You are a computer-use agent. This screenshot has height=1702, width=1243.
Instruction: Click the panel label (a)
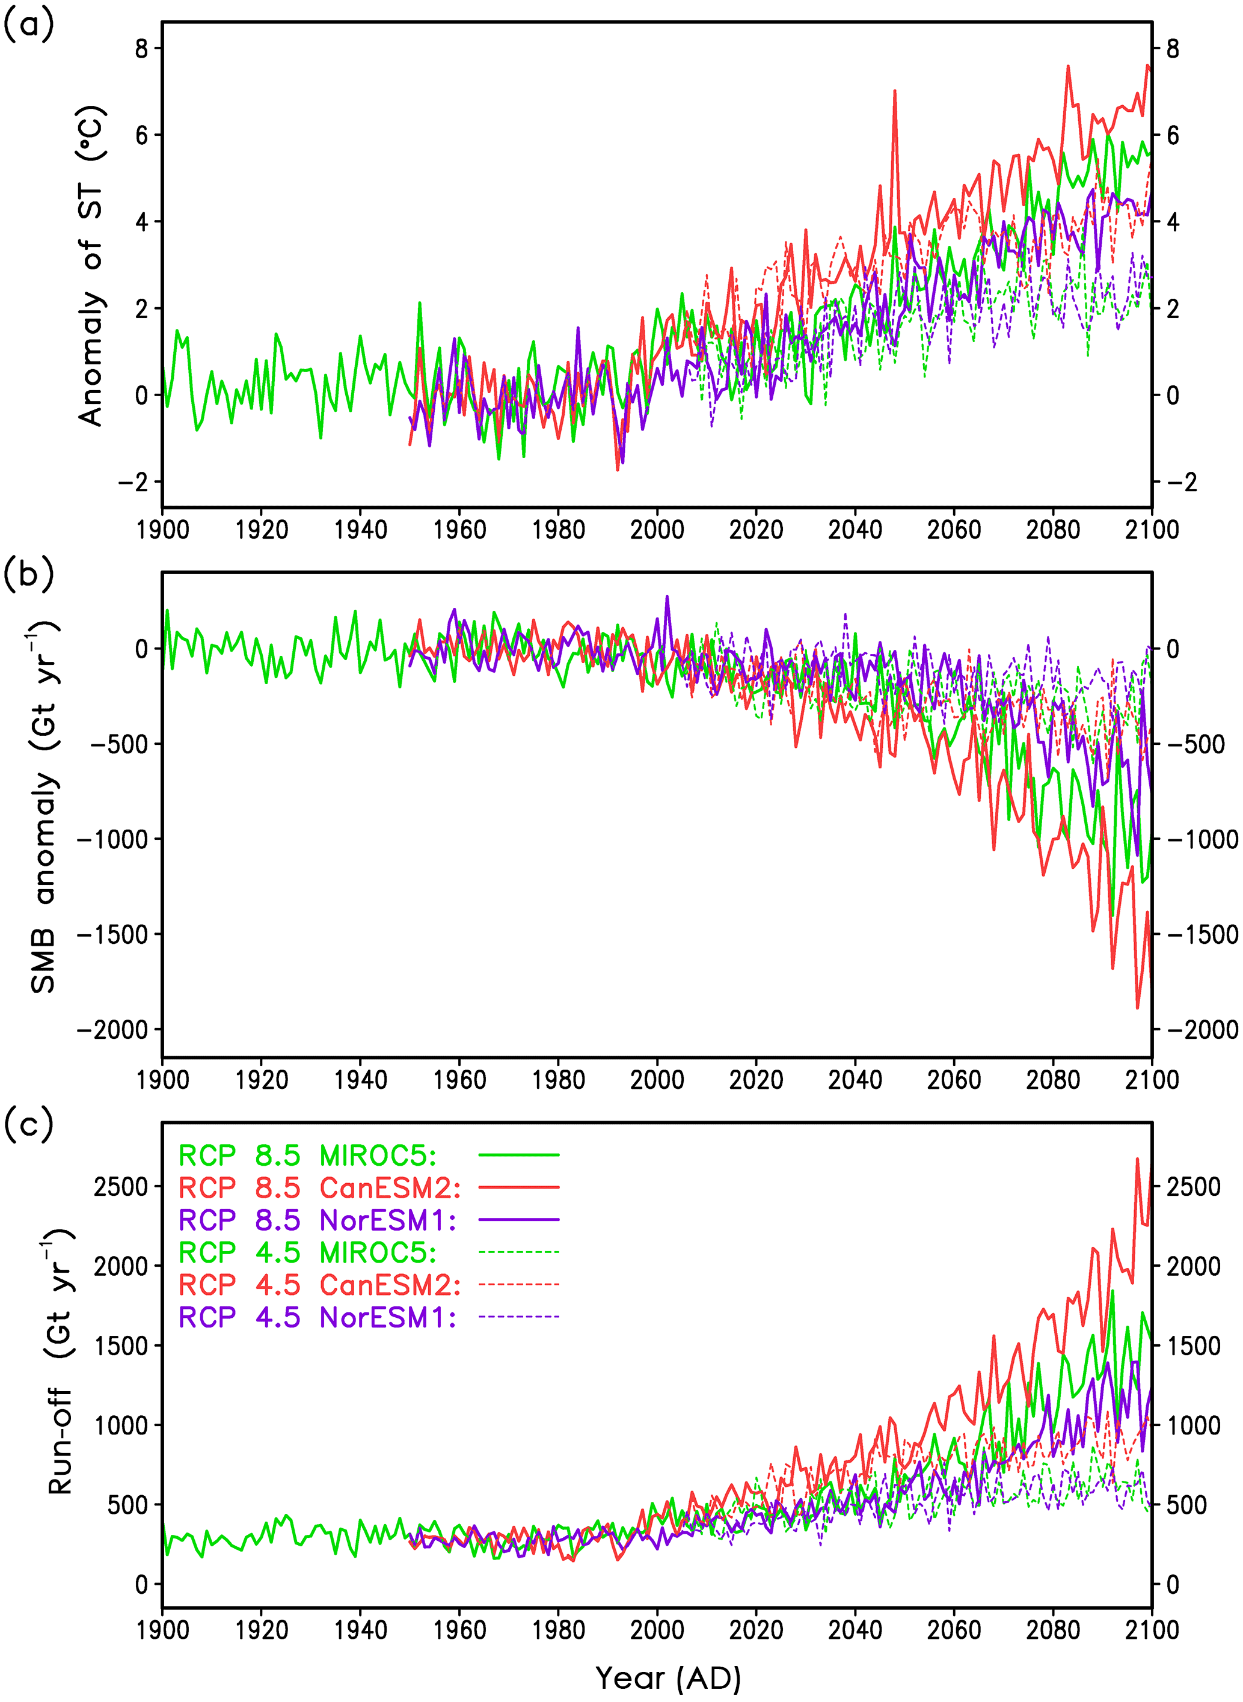(x=29, y=26)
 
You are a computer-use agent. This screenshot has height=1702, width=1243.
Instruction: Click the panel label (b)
(x=29, y=575)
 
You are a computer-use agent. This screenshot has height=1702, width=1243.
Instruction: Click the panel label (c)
(x=29, y=1125)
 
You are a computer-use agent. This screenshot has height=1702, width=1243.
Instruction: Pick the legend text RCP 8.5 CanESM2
(x=319, y=1187)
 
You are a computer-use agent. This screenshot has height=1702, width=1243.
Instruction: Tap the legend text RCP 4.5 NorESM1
(x=317, y=1317)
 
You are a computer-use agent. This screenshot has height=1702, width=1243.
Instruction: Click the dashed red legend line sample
(x=519, y=1285)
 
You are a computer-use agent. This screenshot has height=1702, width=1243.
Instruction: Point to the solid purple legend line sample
(x=519, y=1220)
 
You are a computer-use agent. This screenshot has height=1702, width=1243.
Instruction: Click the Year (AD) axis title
(x=668, y=1678)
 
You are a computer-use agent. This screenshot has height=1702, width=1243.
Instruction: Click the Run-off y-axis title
(x=60, y=1361)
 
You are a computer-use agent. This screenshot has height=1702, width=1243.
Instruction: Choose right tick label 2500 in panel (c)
(x=1192, y=1187)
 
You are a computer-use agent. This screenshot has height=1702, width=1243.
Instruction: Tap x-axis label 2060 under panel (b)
(x=954, y=1080)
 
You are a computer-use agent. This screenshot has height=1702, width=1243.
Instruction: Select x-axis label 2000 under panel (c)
(x=657, y=1630)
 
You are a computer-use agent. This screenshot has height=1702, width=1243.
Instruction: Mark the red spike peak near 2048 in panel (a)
(x=895, y=91)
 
